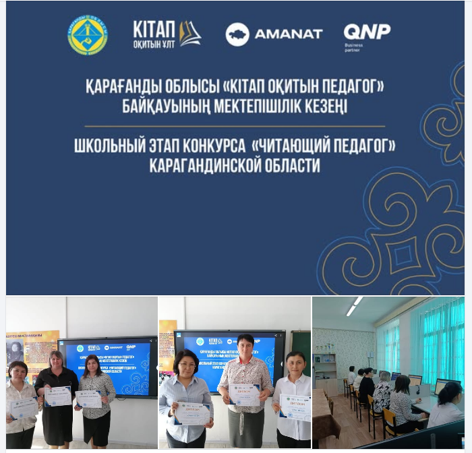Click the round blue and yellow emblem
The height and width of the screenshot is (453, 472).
click(88, 35)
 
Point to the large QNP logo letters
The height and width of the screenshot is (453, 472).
click(367, 30)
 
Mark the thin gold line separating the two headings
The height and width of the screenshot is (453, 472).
click(235, 126)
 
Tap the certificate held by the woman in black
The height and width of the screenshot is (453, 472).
click(58, 395)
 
